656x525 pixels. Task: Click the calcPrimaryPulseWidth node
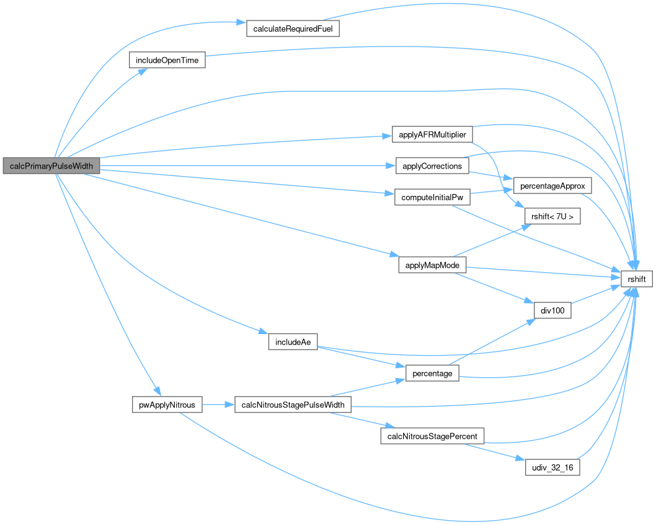click(x=51, y=165)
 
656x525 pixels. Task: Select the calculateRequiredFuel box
click(x=293, y=29)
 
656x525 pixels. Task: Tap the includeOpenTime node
click(x=167, y=61)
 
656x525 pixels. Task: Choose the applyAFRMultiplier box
click(x=433, y=135)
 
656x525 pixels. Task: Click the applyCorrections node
click(x=432, y=166)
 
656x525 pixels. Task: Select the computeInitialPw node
click(x=433, y=198)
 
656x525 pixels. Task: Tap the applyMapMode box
click(x=432, y=265)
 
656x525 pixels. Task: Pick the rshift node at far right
click(x=637, y=280)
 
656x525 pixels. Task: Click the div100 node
click(x=552, y=311)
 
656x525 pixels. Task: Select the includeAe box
click(x=293, y=342)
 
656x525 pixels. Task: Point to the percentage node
click(x=432, y=374)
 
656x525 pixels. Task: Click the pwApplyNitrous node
click(x=167, y=405)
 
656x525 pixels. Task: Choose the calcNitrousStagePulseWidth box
click(x=293, y=405)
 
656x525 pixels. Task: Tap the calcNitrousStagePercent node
click(x=432, y=436)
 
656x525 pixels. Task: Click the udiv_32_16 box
click(x=552, y=467)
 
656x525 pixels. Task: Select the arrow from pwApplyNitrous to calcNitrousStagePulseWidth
click(x=217, y=405)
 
